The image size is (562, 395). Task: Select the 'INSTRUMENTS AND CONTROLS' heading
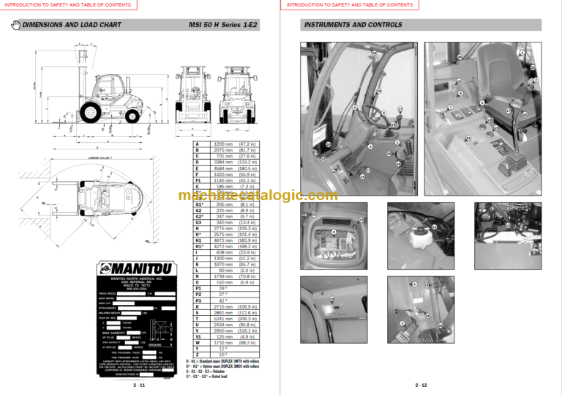[x=344, y=25]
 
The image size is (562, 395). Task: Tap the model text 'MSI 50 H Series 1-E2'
[x=223, y=25]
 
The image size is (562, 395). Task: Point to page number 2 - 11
[x=139, y=384]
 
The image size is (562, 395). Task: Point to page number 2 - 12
[x=421, y=384]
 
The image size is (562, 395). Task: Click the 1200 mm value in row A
[x=223, y=144]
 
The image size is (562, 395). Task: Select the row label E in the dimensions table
[x=197, y=169]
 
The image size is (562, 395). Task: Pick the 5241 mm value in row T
[x=223, y=319]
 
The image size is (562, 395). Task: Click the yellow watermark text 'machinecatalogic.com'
[x=257, y=195]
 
